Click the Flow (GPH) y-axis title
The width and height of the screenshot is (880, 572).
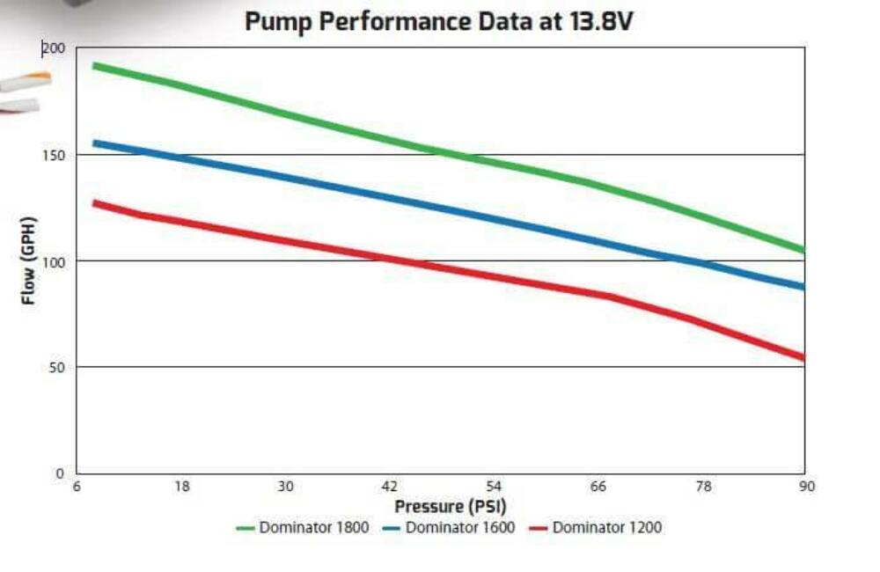click(29, 260)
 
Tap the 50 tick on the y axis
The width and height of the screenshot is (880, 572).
click(57, 367)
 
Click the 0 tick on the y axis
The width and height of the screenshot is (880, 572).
click(61, 473)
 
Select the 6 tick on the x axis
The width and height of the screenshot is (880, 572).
click(78, 487)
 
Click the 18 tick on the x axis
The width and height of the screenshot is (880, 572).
click(181, 487)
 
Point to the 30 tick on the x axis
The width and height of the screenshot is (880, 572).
click(285, 487)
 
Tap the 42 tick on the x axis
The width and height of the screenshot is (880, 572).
click(389, 487)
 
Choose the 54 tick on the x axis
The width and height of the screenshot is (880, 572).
click(494, 487)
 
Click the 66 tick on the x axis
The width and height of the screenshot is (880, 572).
click(598, 487)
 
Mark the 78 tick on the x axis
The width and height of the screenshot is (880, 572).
click(701, 487)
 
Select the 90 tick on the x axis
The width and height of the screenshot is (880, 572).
click(805, 487)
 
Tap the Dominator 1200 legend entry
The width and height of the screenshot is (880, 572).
click(596, 528)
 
